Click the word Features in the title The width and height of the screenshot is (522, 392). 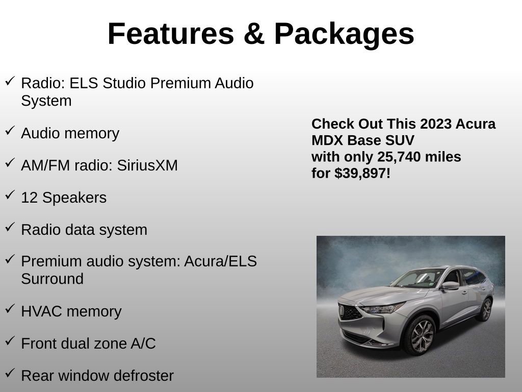[x=171, y=34]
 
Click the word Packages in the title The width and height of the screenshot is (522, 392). [x=344, y=34]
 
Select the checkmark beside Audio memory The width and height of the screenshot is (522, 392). [x=10, y=131]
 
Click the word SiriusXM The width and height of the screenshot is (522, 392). [x=147, y=165]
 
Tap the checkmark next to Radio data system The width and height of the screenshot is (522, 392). [x=10, y=227]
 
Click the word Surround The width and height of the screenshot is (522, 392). [x=52, y=279]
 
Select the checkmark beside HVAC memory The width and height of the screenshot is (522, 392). [x=10, y=309]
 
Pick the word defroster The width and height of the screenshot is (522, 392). [x=144, y=376]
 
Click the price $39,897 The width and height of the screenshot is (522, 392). [x=362, y=173]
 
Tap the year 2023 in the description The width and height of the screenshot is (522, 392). [x=436, y=124]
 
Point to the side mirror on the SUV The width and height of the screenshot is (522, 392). [x=450, y=286]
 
